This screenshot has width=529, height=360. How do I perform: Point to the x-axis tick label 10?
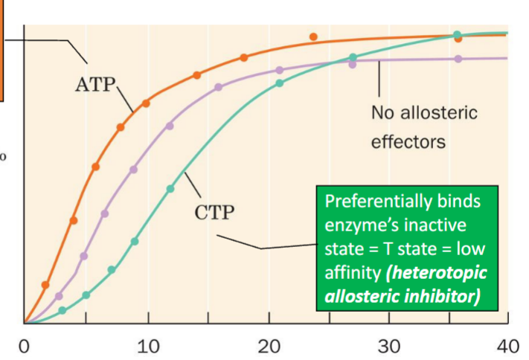pyautogui.click(x=148, y=347)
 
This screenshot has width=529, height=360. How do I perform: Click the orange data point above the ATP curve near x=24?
pyautogui.click(x=313, y=36)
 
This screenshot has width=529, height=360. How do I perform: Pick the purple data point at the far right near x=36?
pyautogui.click(x=458, y=59)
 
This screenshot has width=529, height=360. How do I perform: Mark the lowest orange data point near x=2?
pyautogui.click(x=45, y=285)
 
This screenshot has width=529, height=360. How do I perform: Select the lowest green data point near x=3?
pyautogui.click(x=62, y=310)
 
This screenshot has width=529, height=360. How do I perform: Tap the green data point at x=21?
pyautogui.click(x=280, y=83)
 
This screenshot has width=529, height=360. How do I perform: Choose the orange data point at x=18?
pyautogui.click(x=243, y=57)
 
